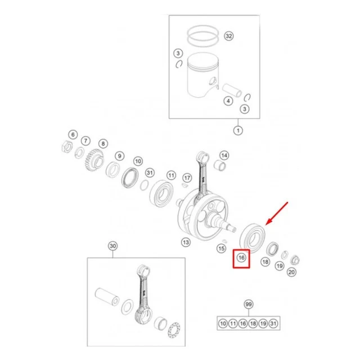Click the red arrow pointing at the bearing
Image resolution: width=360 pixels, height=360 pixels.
(276, 213)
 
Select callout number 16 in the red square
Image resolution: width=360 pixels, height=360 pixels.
(241, 258)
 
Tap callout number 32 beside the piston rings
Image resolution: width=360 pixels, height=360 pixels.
(229, 36)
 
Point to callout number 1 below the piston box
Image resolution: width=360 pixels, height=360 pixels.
(238, 130)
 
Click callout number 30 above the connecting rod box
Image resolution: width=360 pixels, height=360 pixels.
(112, 246)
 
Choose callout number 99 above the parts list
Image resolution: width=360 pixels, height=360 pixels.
(249, 304)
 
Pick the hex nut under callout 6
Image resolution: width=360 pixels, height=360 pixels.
(67, 146)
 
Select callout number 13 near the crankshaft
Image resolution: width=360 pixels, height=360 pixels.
(186, 242)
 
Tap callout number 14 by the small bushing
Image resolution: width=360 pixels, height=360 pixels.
(224, 155)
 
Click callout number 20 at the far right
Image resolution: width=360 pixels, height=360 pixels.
(291, 272)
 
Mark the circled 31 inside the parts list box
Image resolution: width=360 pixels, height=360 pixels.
(273, 323)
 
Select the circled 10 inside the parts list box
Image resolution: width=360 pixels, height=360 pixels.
(223, 323)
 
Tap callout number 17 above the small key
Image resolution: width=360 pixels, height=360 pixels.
(187, 178)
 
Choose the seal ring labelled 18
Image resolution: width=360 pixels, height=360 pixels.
(272, 249)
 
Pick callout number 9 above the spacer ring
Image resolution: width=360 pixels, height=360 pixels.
(120, 156)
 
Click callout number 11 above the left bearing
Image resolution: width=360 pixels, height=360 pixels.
(171, 175)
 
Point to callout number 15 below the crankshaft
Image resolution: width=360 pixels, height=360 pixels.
(221, 249)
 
